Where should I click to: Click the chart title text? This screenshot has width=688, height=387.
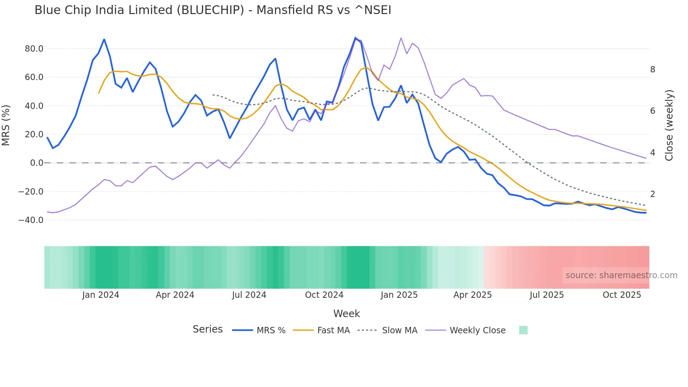point(213,10)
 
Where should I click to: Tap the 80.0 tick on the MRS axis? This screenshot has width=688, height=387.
point(34,49)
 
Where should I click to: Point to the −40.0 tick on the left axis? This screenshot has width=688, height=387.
point(31,220)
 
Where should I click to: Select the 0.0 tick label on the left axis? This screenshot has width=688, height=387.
point(37,163)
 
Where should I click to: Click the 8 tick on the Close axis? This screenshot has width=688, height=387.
point(653,70)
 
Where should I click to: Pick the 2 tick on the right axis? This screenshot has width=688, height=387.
point(653,194)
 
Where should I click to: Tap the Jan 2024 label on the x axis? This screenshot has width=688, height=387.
point(101,295)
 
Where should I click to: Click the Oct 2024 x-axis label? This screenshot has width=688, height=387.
point(324,295)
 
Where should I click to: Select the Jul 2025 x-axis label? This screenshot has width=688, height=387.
point(547,295)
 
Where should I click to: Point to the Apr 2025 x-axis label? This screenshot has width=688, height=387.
point(472,295)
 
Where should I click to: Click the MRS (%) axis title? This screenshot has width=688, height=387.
point(6,125)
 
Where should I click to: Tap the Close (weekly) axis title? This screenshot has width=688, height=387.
point(669,125)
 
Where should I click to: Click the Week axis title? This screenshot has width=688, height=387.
point(346,314)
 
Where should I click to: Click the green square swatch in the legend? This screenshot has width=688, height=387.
point(523,330)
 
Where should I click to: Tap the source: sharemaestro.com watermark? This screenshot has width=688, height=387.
point(621,275)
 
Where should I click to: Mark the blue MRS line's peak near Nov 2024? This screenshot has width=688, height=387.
point(355,38)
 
